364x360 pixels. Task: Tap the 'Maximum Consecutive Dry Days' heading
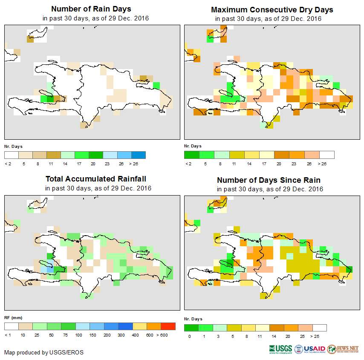click(272, 9)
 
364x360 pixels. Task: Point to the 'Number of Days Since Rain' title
click(269, 180)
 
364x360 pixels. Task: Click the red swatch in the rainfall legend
click(168, 326)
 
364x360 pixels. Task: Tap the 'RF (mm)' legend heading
click(13, 317)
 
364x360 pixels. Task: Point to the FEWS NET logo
click(343, 348)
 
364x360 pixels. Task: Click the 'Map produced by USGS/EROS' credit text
click(44, 352)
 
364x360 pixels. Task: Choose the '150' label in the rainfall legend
click(92, 335)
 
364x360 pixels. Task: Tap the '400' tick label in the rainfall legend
click(135, 335)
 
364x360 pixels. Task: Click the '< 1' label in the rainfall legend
click(8, 335)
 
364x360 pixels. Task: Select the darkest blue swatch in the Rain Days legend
click(138, 155)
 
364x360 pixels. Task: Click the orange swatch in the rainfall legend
click(153, 326)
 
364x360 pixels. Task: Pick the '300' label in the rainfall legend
click(121, 335)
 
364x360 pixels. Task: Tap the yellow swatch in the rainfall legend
click(139, 326)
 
